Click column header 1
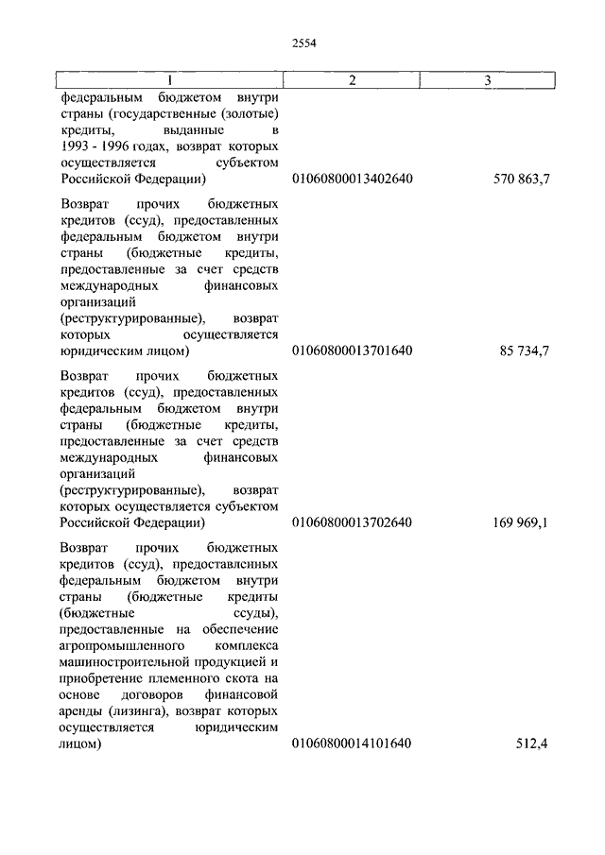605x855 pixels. tap(169, 80)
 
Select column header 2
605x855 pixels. tap(352, 80)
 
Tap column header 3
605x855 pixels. tap(487, 80)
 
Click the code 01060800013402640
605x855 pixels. tap(352, 179)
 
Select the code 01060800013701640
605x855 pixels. tap(352, 351)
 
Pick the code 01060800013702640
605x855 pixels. tap(352, 522)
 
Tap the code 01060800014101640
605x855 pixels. tap(352, 744)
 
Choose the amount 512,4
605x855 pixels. tap(532, 744)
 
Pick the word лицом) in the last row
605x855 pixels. tap(80, 744)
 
